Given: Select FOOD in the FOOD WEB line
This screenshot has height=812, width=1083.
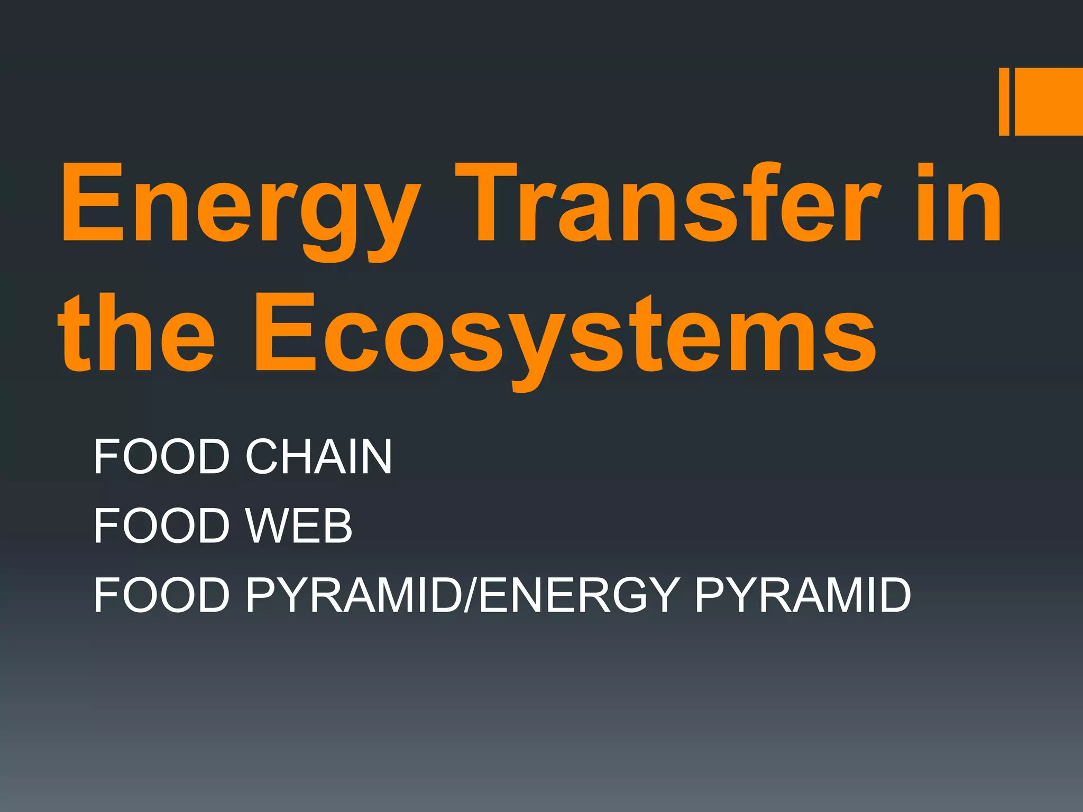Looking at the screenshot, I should click(162, 525).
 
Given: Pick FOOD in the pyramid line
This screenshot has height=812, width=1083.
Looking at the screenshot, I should click(162, 595).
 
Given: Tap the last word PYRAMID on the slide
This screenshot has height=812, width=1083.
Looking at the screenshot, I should click(803, 595).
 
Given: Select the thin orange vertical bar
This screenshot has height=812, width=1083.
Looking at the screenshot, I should click(1004, 101).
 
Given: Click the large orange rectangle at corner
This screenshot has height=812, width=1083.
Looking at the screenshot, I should click(1049, 101).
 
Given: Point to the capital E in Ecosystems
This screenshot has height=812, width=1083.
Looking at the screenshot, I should click(286, 334).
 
